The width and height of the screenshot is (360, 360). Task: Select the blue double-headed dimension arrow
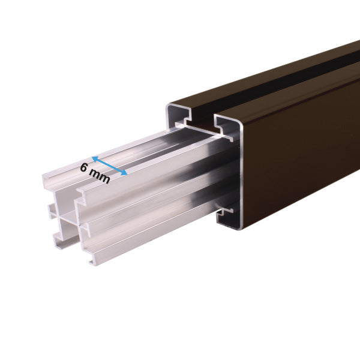point(109,166)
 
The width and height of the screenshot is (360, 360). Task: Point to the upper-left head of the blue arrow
point(94,159)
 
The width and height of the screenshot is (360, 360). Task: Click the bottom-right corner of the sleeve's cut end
point(241,227)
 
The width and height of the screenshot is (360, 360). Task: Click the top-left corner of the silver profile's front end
point(44,176)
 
